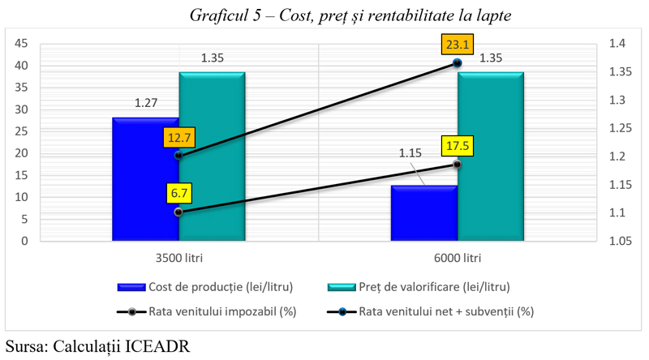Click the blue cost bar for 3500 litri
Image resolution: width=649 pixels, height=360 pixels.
pyautogui.click(x=145, y=179)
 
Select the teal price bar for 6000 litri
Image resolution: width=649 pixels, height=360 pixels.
pyautogui.click(x=491, y=156)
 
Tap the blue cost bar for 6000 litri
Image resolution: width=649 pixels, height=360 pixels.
pyautogui.click(x=424, y=213)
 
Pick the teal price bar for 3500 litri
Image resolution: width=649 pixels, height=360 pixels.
pyautogui.click(x=212, y=156)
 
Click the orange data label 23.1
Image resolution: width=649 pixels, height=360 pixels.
pyautogui.click(x=458, y=45)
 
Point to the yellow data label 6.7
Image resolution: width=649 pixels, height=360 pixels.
pyautogui.click(x=179, y=193)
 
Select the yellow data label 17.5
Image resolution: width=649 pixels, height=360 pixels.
pyautogui.click(x=458, y=146)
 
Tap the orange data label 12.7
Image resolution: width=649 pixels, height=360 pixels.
pyautogui.click(x=178, y=137)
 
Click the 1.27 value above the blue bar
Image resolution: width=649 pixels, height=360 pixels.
pyautogui.click(x=146, y=103)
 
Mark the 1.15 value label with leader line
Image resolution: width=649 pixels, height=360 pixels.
pyautogui.click(x=410, y=153)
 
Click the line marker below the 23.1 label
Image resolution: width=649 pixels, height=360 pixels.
pyautogui.click(x=458, y=63)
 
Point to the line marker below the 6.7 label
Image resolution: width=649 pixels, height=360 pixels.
pyautogui.click(x=178, y=212)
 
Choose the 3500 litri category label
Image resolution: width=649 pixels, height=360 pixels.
pyautogui.click(x=179, y=258)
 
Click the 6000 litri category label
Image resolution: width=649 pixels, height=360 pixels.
pyautogui.click(x=458, y=258)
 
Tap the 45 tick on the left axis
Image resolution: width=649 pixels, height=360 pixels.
pyautogui.click(x=21, y=44)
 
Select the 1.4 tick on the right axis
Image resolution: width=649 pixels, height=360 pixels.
pyautogui.click(x=617, y=44)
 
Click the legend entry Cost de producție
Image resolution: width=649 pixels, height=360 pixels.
pyautogui.click(x=205, y=287)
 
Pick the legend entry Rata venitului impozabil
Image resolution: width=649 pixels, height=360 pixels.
pyautogui.click(x=207, y=311)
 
